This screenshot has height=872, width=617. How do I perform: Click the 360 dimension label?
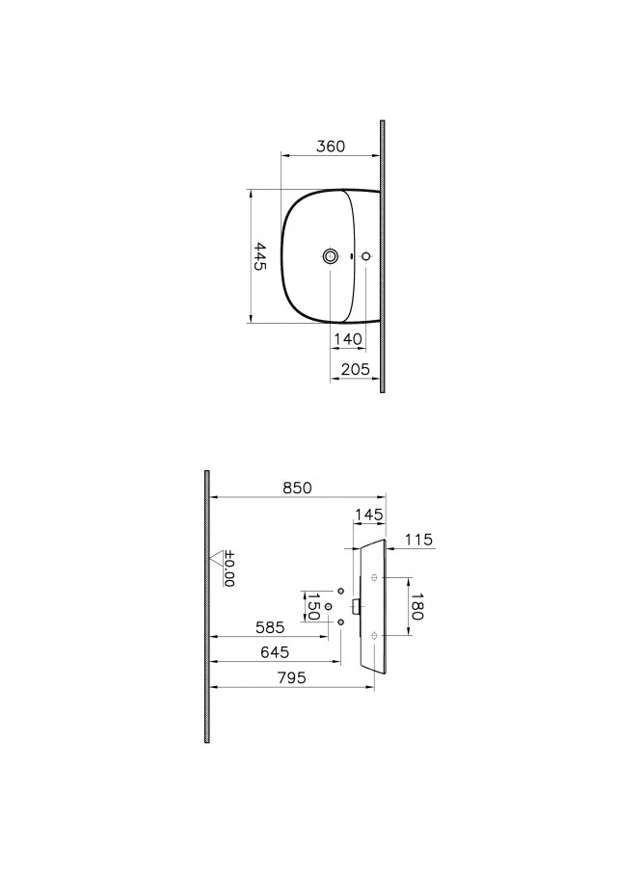click(x=331, y=146)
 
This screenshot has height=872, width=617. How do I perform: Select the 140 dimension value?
click(x=348, y=338)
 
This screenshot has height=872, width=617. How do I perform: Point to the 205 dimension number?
click(x=356, y=369)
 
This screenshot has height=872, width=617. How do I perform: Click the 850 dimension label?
click(x=297, y=488)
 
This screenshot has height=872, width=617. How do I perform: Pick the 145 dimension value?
click(x=369, y=515)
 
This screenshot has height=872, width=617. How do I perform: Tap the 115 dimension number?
click(x=419, y=540)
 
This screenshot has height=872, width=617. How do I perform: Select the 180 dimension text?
click(x=416, y=606)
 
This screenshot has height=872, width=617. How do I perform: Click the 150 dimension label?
click(x=313, y=607)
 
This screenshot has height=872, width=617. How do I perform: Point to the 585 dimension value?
click(x=270, y=627)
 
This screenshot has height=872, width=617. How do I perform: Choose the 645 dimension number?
click(x=275, y=651)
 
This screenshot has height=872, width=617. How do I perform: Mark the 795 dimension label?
click(x=291, y=677)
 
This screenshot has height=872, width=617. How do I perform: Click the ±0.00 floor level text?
click(x=229, y=568)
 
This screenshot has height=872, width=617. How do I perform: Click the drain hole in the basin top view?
click(x=331, y=256)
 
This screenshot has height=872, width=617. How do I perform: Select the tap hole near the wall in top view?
click(x=366, y=256)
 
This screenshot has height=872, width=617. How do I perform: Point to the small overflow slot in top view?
click(x=352, y=256)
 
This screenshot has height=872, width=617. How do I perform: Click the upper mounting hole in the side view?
click(x=374, y=577)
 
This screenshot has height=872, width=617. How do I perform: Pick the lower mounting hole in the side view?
click(x=374, y=635)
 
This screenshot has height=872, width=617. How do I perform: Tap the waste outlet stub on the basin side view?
click(x=357, y=606)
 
